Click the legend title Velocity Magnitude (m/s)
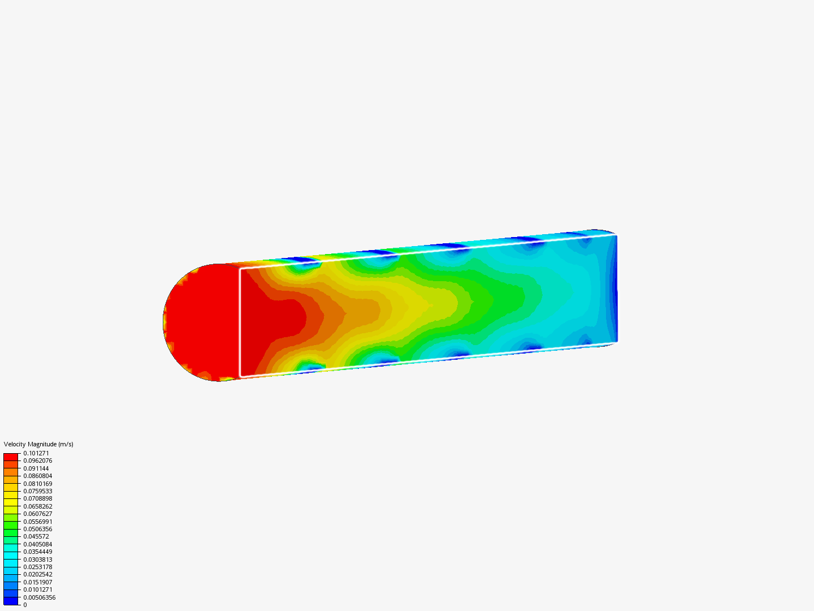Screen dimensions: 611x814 point(38,444)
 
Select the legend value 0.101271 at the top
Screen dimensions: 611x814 point(36,453)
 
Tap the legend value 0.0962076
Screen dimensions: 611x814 point(38,461)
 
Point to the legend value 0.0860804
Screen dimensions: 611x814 point(38,476)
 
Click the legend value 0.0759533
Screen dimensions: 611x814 point(38,491)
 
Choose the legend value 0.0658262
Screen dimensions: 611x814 point(38,506)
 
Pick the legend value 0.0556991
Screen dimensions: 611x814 point(38,522)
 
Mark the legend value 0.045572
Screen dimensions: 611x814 point(36,536)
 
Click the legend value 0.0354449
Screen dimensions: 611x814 point(38,552)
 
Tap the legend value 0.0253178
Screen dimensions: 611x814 point(38,567)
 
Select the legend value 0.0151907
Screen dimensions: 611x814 point(38,582)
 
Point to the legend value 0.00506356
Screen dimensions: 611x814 point(40,597)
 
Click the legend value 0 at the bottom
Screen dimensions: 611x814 point(25,605)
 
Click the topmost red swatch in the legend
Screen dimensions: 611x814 point(11,457)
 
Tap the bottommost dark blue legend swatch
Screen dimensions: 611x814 point(11,601)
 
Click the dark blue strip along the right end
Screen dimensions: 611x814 point(614,289)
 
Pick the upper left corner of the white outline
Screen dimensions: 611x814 point(241,269)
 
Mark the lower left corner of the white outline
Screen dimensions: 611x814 point(241,376)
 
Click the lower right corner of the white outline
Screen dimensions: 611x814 point(616,341)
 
